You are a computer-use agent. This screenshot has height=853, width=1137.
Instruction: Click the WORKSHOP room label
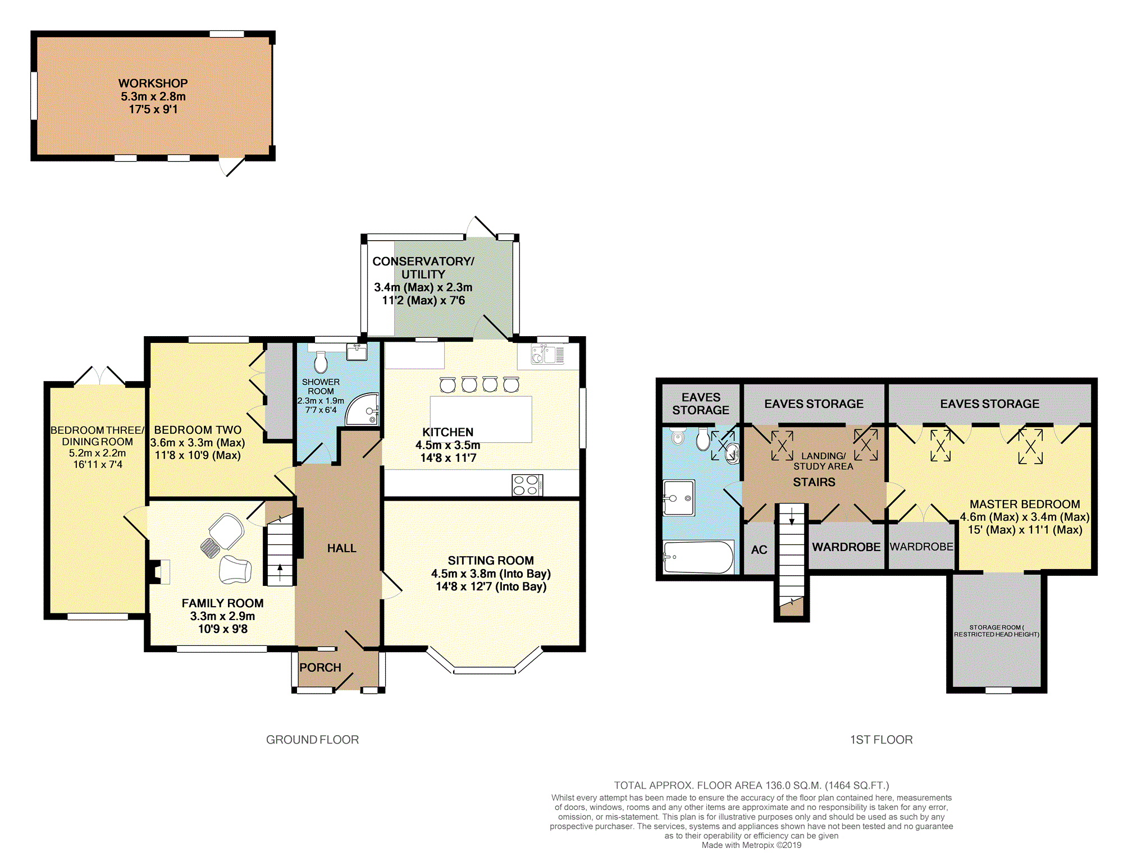pyautogui.click(x=153, y=83)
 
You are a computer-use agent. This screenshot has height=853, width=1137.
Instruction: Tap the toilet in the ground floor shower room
pyautogui.click(x=321, y=362)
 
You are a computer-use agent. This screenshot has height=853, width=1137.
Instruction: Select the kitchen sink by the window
pyautogui.click(x=547, y=355)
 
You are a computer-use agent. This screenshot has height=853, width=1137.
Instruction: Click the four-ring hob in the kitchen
pyautogui.click(x=527, y=485)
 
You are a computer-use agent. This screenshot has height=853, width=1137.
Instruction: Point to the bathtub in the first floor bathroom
pyautogui.click(x=698, y=557)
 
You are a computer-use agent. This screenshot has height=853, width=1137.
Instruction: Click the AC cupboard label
pyautogui.click(x=759, y=550)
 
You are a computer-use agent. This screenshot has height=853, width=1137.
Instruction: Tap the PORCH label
pyautogui.click(x=320, y=667)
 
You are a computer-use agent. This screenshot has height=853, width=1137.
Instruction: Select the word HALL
pyautogui.click(x=341, y=548)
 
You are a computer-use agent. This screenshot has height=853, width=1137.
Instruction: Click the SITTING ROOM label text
pyautogui.click(x=491, y=561)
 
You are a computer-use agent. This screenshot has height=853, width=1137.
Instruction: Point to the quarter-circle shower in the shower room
pyautogui.click(x=363, y=409)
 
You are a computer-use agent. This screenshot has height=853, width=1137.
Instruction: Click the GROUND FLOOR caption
pyautogui.click(x=312, y=740)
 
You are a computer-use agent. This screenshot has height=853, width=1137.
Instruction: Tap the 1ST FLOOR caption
pyautogui.click(x=881, y=740)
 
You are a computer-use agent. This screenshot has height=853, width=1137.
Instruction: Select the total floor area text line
pyautogui.click(x=751, y=786)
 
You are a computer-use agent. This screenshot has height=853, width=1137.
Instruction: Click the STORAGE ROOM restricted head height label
pyautogui.click(x=997, y=631)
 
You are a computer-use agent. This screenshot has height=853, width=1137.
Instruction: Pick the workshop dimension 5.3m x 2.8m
pyautogui.click(x=153, y=97)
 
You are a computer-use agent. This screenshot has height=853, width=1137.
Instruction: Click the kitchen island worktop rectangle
pyautogui.click(x=481, y=419)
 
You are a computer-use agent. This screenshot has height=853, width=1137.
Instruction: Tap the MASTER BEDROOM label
pyautogui.click(x=1025, y=504)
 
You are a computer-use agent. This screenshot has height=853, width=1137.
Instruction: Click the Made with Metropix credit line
pyautogui.click(x=751, y=845)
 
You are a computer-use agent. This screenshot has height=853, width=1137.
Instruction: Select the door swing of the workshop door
pyautogui.click(x=231, y=167)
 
